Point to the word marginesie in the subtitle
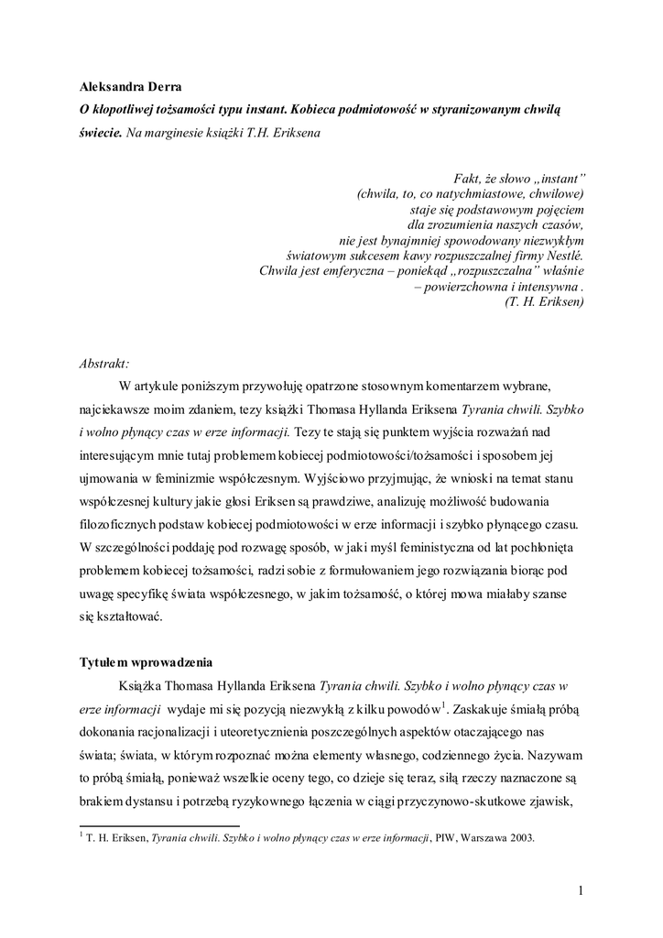coord(179,132)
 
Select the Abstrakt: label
coord(104,363)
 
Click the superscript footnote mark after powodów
coord(443,704)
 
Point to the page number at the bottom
coord(581,889)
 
